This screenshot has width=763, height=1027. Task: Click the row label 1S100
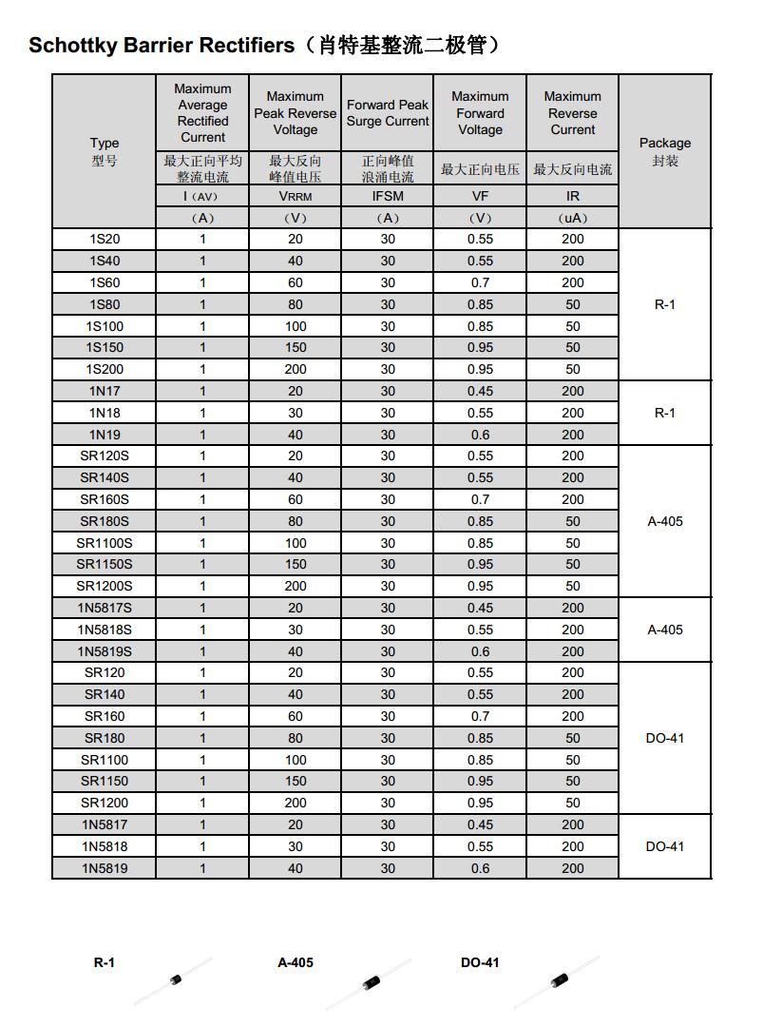(x=105, y=326)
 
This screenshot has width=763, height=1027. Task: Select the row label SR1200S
(x=105, y=587)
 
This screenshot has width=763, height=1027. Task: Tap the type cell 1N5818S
(x=105, y=630)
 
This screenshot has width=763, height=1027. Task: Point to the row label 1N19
(x=105, y=435)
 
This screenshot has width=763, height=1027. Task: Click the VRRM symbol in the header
(x=296, y=197)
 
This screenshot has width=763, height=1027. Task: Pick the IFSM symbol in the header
(x=388, y=197)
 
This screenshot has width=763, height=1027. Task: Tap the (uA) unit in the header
(x=573, y=218)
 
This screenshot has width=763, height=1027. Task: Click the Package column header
(x=665, y=151)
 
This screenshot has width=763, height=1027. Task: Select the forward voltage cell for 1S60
(x=481, y=282)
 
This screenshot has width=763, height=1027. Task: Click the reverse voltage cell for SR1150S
(x=296, y=565)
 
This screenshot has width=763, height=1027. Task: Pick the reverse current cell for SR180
(x=573, y=738)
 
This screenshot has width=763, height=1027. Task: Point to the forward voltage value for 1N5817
(x=481, y=824)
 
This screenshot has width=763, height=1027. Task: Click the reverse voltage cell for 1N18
(x=296, y=413)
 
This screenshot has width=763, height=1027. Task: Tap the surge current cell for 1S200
(x=388, y=369)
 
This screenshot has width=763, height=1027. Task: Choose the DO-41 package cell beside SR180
(x=665, y=738)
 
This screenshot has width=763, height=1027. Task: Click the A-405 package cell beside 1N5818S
(x=665, y=630)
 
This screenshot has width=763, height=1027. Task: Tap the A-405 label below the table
(x=296, y=962)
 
